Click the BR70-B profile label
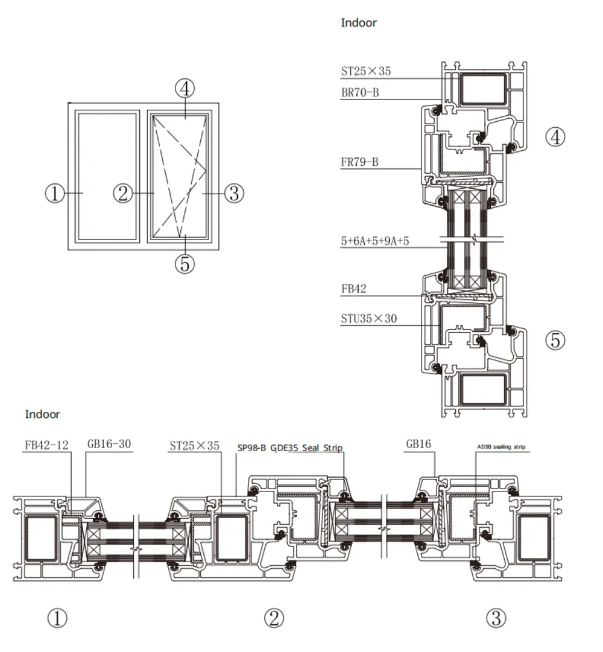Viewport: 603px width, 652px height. click(360, 93)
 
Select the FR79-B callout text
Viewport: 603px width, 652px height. click(360, 162)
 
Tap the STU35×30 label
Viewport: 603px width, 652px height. click(369, 318)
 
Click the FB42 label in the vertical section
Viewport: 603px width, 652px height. click(353, 289)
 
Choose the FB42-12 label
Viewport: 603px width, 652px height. click(46, 445)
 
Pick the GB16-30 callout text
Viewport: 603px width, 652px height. click(109, 445)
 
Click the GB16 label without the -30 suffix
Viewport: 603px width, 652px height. click(418, 445)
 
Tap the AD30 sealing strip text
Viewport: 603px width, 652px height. click(501, 447)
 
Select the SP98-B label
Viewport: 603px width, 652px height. click(251, 448)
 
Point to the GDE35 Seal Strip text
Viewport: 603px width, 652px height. click(306, 448)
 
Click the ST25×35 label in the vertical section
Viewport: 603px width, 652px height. click(366, 71)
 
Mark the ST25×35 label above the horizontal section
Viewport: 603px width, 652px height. click(194, 446)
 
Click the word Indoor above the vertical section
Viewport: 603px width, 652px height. click(359, 23)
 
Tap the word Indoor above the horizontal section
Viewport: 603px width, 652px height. click(43, 414)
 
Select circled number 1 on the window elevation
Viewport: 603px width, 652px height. click(55, 194)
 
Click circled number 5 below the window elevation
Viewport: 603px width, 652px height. click(185, 264)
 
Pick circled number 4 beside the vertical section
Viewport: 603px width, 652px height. click(555, 137)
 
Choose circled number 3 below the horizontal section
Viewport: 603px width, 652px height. click(496, 618)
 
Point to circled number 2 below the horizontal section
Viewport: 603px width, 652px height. click(274, 618)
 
